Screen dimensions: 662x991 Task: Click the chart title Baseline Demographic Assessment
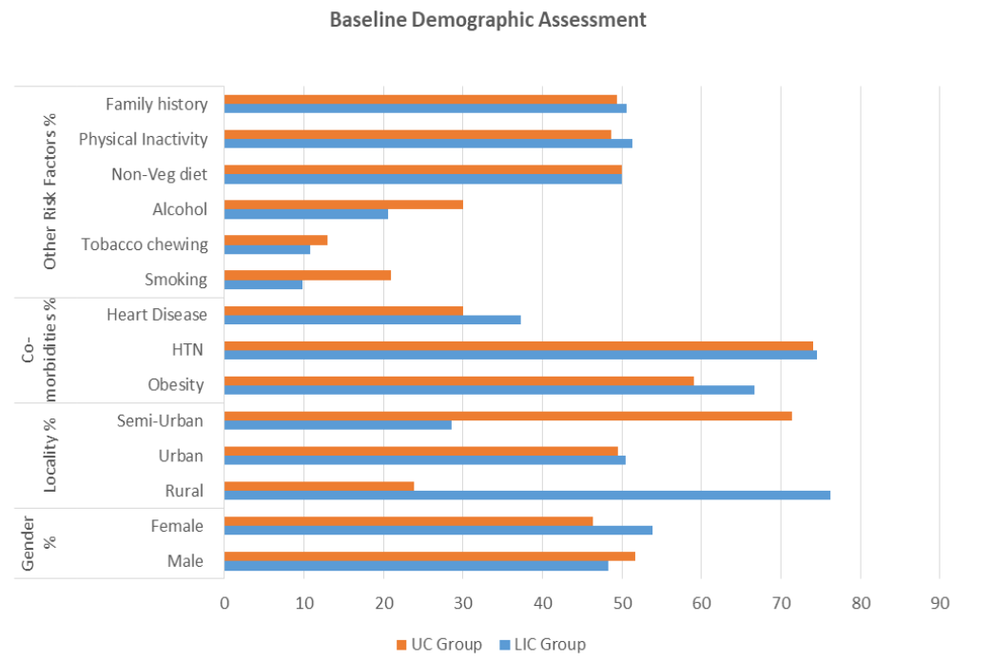tap(488, 20)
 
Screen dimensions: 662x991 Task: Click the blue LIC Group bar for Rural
tap(527, 495)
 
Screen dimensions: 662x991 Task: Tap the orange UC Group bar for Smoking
tap(307, 275)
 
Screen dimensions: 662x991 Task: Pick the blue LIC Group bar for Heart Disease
tap(372, 320)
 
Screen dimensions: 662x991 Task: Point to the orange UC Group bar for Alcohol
tap(343, 204)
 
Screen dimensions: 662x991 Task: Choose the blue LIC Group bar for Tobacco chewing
tap(267, 249)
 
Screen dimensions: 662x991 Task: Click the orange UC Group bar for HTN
tap(518, 345)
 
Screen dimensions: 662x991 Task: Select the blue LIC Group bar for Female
tap(438, 530)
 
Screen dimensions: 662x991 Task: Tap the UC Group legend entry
tap(439, 644)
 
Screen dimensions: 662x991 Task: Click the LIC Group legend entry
tap(542, 644)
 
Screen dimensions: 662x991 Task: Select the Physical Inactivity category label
tap(143, 139)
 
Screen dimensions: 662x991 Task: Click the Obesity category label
tap(176, 385)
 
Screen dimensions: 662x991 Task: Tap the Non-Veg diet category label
tap(159, 174)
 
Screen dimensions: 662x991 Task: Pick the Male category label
tap(185, 561)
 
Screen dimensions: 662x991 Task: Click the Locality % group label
tap(51, 455)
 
